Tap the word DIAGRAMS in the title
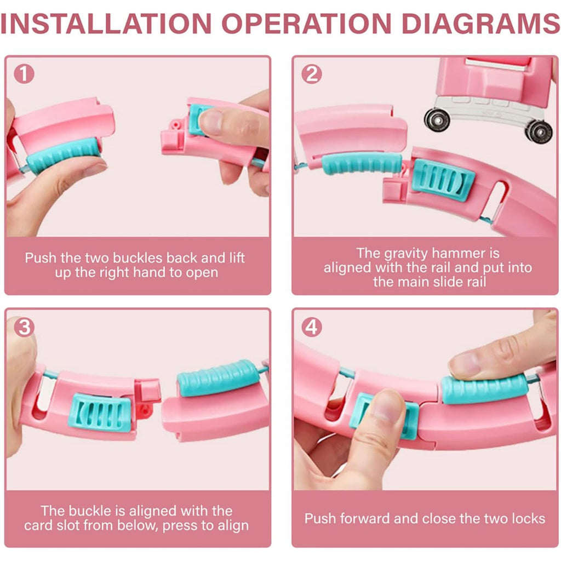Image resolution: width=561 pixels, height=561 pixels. point(480,24)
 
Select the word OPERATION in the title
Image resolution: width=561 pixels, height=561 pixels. point(307,24)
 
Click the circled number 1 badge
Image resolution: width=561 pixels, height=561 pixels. point(24,74)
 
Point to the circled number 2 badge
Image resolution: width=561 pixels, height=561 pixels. point(311,74)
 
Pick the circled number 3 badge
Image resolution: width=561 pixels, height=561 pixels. point(24,327)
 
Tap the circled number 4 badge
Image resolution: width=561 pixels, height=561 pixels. point(311,327)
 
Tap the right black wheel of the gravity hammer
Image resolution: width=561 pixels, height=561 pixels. point(539,133)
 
